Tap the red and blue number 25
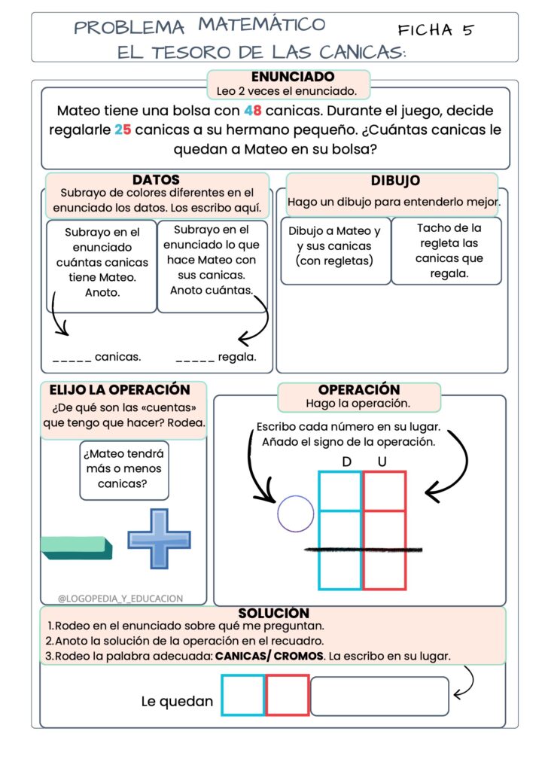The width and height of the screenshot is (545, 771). pos(123,130)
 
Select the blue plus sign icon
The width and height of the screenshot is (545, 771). pos(159,538)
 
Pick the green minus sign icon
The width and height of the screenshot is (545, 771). pos(76,547)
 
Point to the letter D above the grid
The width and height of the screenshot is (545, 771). pos(346,461)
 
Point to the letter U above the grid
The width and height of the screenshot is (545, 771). pos(382,461)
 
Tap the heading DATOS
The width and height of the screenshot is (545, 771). pos(156,180)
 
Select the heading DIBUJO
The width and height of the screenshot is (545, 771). pos(395,181)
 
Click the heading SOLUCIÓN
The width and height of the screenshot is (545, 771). pos(273,613)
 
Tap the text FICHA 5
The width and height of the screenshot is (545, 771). pos(437,30)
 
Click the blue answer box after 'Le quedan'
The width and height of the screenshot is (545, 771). pos(243,695)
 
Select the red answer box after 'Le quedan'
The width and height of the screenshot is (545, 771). pos(287,695)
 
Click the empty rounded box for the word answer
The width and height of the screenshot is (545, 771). pos(379,696)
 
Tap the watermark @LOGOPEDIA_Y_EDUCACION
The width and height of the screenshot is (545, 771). pos(120,599)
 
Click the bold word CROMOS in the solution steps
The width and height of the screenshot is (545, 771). pos(299,656)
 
